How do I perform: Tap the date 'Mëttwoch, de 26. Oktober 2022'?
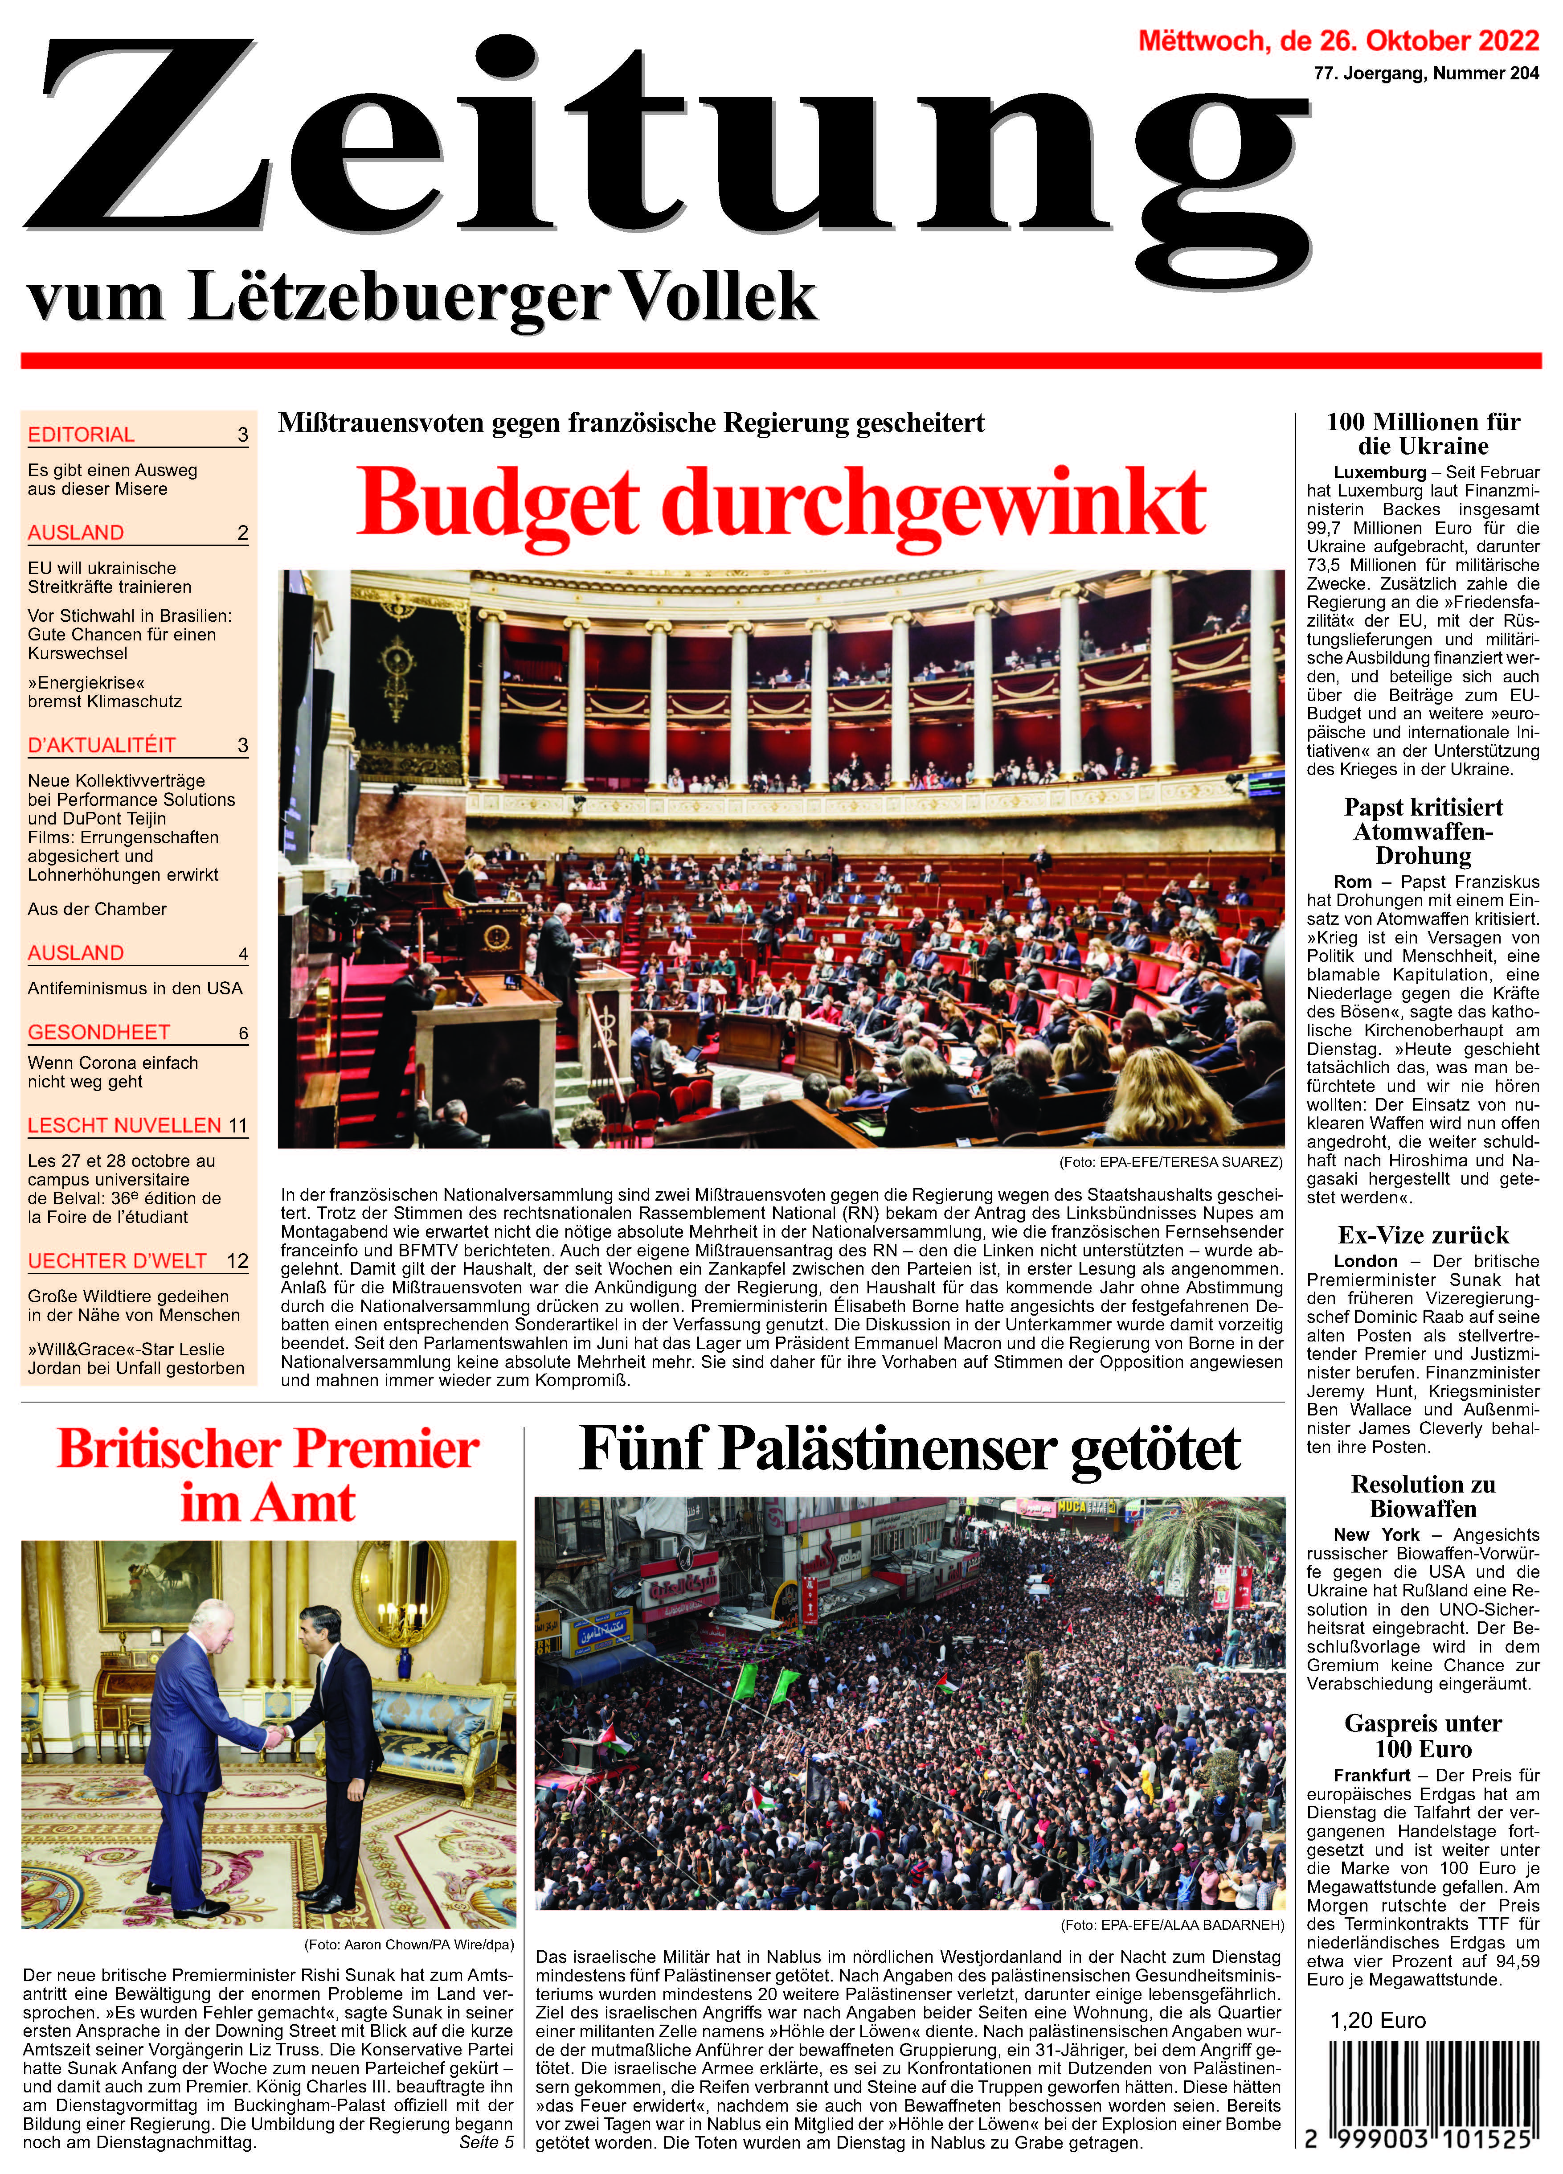click(x=1338, y=41)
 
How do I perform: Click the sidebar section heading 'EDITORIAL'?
click(x=82, y=434)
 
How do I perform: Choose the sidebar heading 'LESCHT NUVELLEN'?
click(x=125, y=1124)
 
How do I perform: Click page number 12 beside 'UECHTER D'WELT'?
click(x=237, y=1260)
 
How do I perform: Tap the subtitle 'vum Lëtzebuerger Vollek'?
click(x=421, y=297)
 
